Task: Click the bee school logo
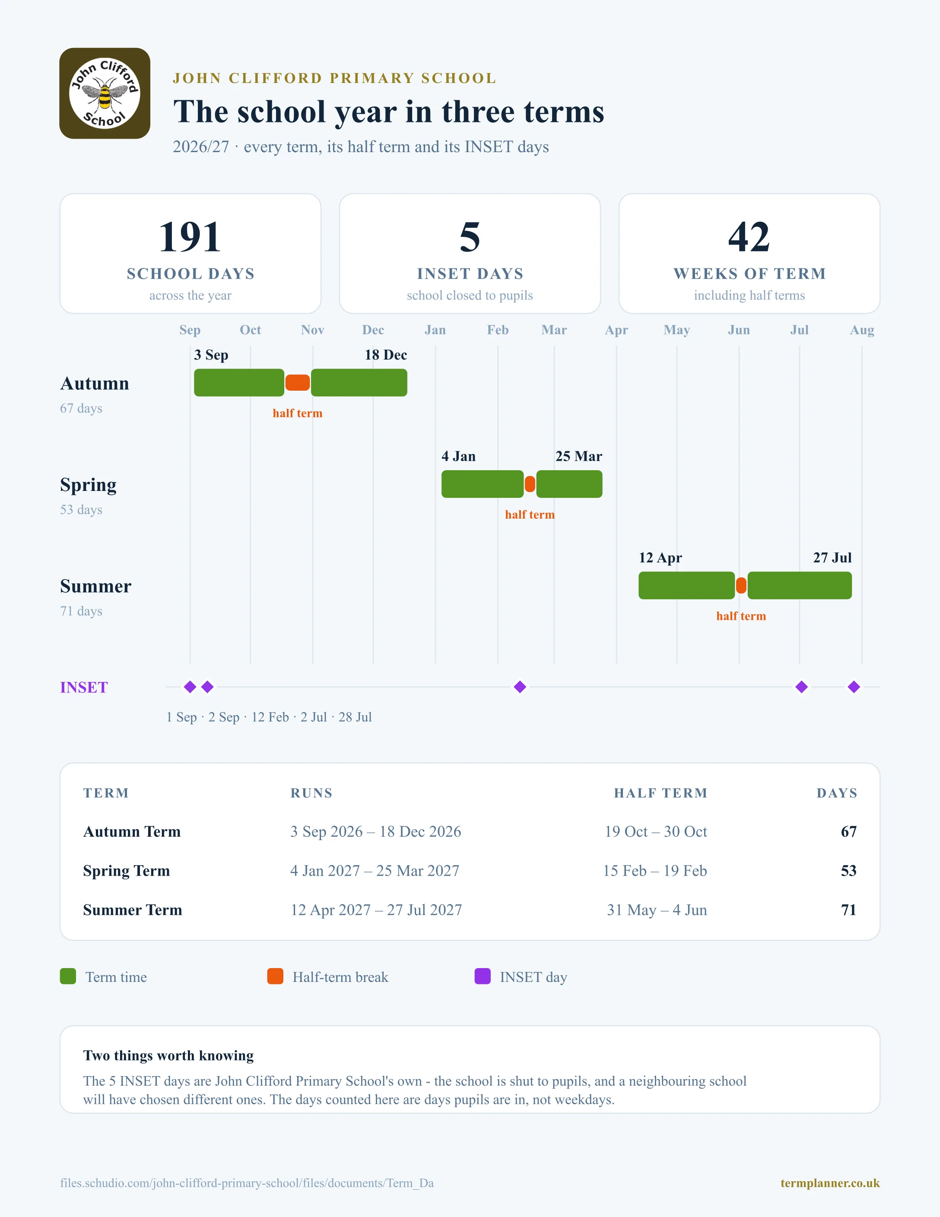pos(105,93)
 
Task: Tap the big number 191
pos(190,237)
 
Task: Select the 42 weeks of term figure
pos(749,237)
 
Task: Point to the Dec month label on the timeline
pos(373,330)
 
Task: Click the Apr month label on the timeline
pos(616,330)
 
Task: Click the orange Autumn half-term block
pos(297,383)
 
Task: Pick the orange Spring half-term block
pos(530,484)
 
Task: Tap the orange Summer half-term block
pos(741,585)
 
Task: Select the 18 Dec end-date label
pos(386,355)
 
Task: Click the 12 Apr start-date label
pos(661,558)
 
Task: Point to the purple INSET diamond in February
pos(520,687)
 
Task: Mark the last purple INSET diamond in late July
pos(854,687)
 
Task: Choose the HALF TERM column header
pos(661,793)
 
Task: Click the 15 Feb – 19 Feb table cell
pos(655,870)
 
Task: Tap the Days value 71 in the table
pos(849,910)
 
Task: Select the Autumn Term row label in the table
pos(132,832)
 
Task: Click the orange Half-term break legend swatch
pos(275,976)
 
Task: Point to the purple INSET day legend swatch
pos(482,976)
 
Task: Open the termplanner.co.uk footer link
pos(830,1183)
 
